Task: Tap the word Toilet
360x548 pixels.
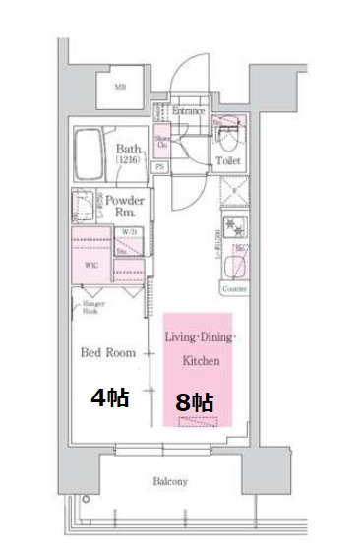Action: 228,159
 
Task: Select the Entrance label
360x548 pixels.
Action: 188,111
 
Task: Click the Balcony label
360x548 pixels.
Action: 169,482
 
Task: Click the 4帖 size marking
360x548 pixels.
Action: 109,398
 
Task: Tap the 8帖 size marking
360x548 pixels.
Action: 195,402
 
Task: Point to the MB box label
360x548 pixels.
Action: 121,88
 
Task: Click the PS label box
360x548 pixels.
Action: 158,167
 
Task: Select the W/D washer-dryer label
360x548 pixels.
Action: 129,233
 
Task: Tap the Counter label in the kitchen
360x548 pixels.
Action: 234,290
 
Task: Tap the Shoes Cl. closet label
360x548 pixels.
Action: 162,141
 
